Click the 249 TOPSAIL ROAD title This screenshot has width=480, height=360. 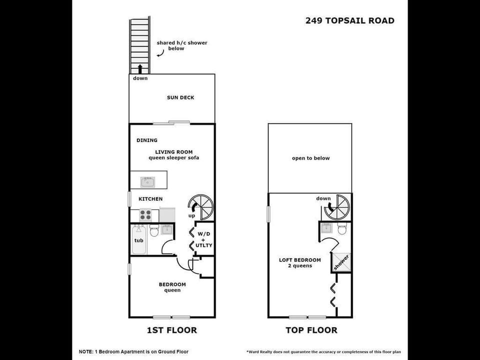tap(349, 20)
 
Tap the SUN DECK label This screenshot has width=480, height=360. tap(180, 97)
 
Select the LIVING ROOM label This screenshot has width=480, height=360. tap(173, 152)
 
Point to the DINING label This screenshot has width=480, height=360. tap(147, 140)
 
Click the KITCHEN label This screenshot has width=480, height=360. tap(150, 199)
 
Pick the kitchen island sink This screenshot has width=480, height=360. tap(147, 180)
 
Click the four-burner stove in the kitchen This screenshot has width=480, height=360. tap(145, 215)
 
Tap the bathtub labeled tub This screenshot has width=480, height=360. tap(139, 240)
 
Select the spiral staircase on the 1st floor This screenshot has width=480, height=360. tap(201, 207)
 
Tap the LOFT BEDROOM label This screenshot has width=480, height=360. tap(299, 262)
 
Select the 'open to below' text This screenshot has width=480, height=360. tap(310, 158)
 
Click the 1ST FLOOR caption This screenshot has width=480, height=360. tap(172, 330)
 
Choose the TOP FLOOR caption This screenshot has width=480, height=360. tap(311, 330)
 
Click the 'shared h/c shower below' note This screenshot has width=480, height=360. tap(181, 45)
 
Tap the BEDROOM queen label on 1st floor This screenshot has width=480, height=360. tap(172, 287)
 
